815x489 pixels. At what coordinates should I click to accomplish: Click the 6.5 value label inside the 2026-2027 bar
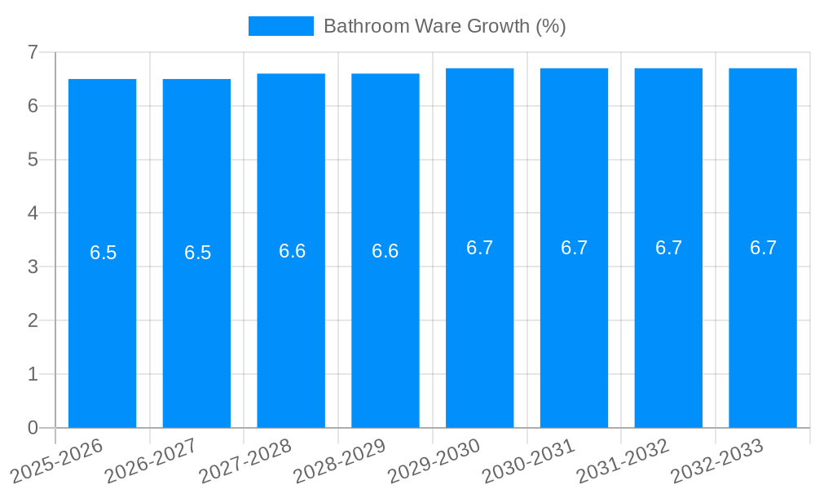click(197, 253)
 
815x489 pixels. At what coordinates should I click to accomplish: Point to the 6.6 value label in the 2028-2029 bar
click(385, 251)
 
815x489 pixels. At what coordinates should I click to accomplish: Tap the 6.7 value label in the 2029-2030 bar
click(480, 248)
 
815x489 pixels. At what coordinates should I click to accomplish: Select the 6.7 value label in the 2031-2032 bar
click(668, 248)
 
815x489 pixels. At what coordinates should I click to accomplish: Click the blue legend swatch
click(280, 26)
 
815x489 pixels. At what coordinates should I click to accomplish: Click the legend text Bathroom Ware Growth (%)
click(444, 26)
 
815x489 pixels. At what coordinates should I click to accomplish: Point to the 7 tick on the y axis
click(33, 52)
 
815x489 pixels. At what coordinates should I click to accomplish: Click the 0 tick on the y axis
click(33, 427)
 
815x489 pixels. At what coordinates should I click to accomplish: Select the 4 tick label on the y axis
click(33, 213)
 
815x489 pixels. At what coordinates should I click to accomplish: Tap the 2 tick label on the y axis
click(33, 320)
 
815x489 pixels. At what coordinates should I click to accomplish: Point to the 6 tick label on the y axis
click(33, 106)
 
